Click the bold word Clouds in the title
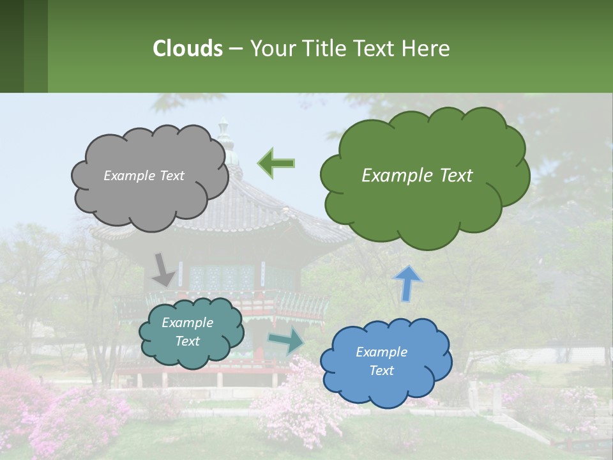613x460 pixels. pyautogui.click(x=187, y=48)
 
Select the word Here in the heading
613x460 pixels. pyautogui.click(x=428, y=48)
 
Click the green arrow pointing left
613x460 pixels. pyautogui.click(x=276, y=163)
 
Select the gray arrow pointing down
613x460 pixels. pyautogui.click(x=163, y=269)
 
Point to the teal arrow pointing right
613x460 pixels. pyautogui.click(x=286, y=341)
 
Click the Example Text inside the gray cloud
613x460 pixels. pyautogui.click(x=144, y=176)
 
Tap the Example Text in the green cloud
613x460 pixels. pyautogui.click(x=417, y=175)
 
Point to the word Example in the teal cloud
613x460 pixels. pyautogui.click(x=187, y=323)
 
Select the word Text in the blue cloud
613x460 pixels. pyautogui.click(x=381, y=371)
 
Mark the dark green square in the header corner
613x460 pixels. pyautogui.click(x=11, y=46)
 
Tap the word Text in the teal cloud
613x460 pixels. pyautogui.click(x=187, y=341)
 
